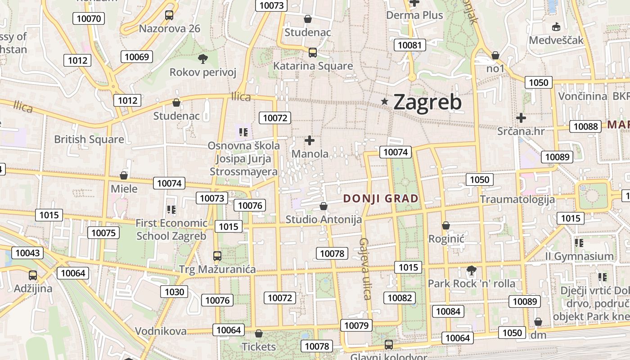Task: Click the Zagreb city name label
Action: [427, 102]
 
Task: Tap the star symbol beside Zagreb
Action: [384, 102]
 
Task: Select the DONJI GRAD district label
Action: [381, 198]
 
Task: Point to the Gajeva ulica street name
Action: [364, 269]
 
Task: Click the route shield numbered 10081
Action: [410, 45]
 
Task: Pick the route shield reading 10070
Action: [89, 18]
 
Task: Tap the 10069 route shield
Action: [137, 57]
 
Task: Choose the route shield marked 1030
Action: [175, 292]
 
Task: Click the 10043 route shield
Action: [27, 253]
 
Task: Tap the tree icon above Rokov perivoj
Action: [203, 58]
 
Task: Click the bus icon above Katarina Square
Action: [313, 53]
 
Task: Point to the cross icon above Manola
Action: [310, 140]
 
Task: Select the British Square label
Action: [89, 139]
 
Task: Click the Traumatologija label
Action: [517, 199]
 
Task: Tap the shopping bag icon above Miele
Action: [124, 175]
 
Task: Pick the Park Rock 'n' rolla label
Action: [471, 284]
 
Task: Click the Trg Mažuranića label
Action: [217, 270]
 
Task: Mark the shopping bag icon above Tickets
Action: [259, 333]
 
